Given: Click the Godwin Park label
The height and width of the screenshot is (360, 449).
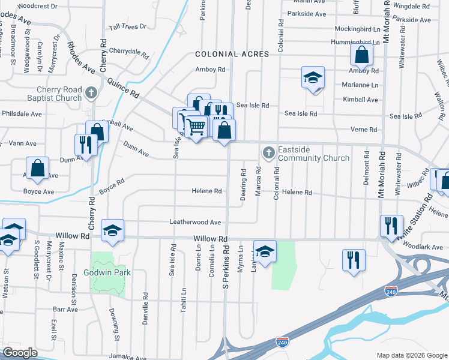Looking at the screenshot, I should [x=111, y=272].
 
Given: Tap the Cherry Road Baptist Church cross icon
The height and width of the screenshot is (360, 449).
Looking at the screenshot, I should [x=91, y=92].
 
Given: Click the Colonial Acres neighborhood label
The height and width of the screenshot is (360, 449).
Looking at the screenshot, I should [x=236, y=54].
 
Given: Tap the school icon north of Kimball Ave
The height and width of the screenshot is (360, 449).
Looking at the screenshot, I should [x=313, y=78].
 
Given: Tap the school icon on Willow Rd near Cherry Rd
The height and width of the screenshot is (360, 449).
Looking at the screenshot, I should [x=112, y=231].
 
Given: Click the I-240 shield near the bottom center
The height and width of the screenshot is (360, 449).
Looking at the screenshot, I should [x=282, y=342].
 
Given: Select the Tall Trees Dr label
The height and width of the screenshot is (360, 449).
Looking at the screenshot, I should [x=128, y=27].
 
